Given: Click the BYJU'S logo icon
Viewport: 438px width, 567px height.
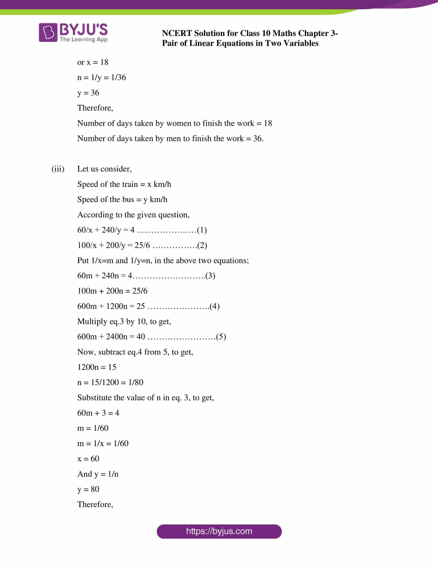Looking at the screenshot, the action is click(x=48, y=32).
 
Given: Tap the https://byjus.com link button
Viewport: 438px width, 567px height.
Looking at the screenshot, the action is click(x=219, y=531).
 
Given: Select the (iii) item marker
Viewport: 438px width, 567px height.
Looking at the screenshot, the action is click(x=58, y=169).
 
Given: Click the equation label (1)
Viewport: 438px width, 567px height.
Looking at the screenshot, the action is click(x=202, y=230).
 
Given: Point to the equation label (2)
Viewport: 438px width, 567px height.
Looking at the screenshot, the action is click(x=202, y=245).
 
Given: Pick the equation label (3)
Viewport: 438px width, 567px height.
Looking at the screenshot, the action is click(x=210, y=276).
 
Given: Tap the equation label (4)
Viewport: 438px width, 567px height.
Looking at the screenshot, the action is click(x=215, y=306).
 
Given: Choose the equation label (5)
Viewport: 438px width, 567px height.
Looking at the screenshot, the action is click(x=221, y=337).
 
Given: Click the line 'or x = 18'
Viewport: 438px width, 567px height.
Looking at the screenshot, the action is click(x=93, y=62).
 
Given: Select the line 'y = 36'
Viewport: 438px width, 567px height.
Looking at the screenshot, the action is click(x=88, y=93).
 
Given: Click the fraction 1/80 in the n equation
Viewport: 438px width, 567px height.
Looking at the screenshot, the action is click(x=136, y=382).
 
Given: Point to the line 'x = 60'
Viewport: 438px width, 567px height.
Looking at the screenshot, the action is click(x=88, y=459).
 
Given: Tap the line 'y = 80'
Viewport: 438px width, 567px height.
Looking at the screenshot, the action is click(x=88, y=489).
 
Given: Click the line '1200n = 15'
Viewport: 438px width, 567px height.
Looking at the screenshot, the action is click(x=97, y=367).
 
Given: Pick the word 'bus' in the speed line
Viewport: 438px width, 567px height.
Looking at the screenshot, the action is click(x=128, y=199).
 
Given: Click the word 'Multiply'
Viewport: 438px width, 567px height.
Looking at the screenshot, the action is click(x=92, y=322).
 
